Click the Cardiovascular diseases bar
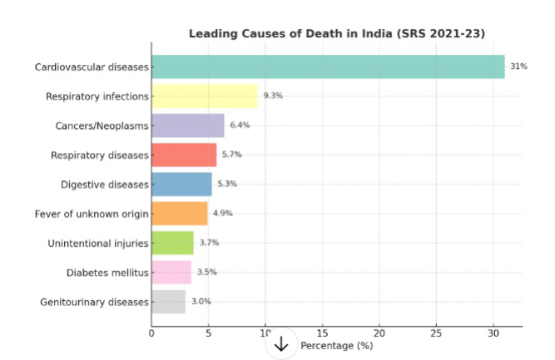pyautogui.click(x=328, y=67)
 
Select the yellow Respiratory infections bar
pyautogui.click(x=205, y=96)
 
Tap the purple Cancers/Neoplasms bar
pyautogui.click(x=188, y=126)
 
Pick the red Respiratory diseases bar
pyautogui.click(x=184, y=155)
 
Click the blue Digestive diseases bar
pyautogui.click(x=181, y=184)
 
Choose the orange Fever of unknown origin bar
pyautogui.click(x=180, y=214)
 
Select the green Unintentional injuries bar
pyautogui.click(x=172, y=243)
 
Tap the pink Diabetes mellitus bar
pyautogui.click(x=171, y=272)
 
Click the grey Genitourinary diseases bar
pyautogui.click(x=169, y=301)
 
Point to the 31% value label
pyautogui.click(x=519, y=67)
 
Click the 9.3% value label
pyautogui.click(x=273, y=96)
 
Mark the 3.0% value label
pyautogui.click(x=201, y=301)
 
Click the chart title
pyautogui.click(x=337, y=33)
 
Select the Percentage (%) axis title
pyautogui.click(x=336, y=345)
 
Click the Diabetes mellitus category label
pyautogui.click(x=107, y=272)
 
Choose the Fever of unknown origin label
pyautogui.click(x=92, y=214)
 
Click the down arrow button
pyautogui.click(x=281, y=344)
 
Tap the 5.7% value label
pyautogui.click(x=231, y=155)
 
